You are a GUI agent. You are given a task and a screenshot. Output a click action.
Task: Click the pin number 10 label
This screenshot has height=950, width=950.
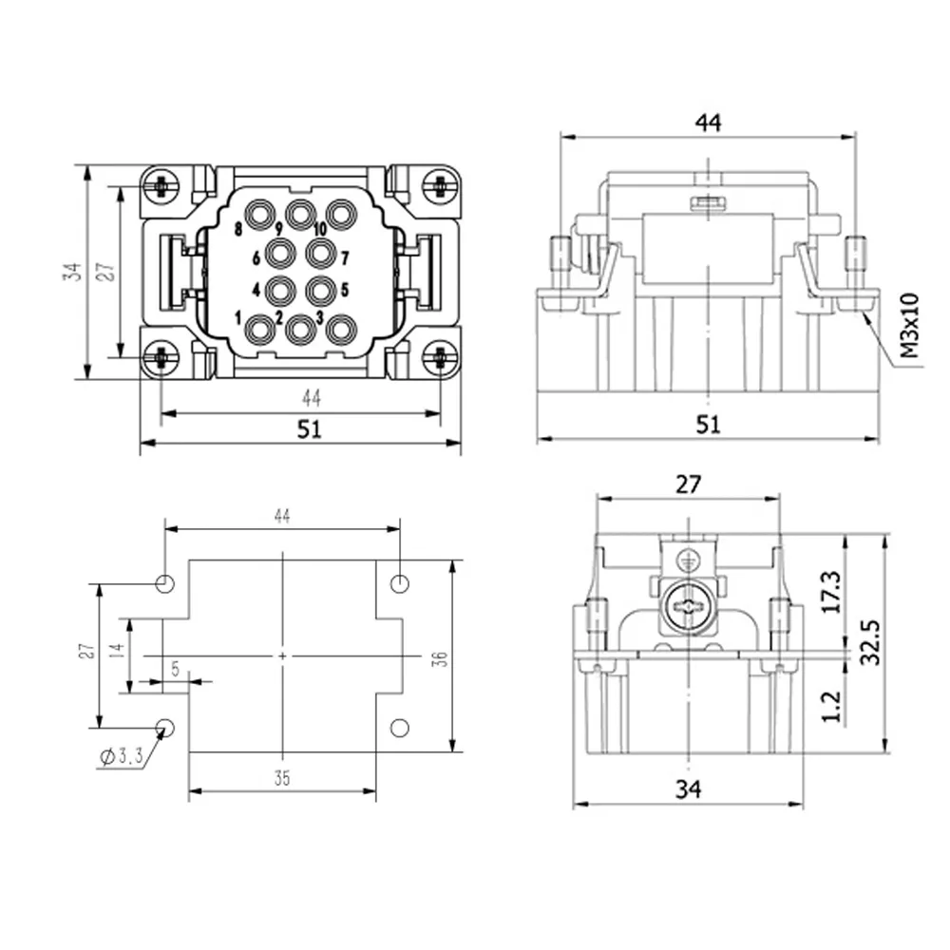[x=320, y=228]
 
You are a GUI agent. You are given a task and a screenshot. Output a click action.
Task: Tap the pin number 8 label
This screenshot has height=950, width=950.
[x=238, y=229]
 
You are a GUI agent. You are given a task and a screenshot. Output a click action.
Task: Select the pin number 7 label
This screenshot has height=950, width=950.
[x=345, y=258]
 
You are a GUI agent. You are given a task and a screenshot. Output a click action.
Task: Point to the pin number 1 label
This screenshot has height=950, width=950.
[x=238, y=317]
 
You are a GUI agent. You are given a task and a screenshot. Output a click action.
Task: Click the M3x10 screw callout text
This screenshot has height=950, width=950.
[x=909, y=325]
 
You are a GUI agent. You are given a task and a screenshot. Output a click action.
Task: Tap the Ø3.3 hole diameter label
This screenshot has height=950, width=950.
[x=122, y=755]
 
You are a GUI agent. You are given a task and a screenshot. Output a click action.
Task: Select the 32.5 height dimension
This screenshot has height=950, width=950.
[x=870, y=642]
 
